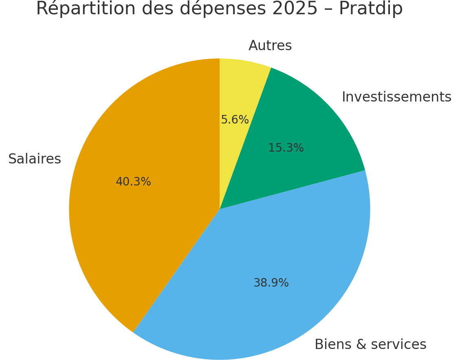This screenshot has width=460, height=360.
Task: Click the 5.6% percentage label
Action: pos(235,120)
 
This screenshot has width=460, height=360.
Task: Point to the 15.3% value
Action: pos(286,148)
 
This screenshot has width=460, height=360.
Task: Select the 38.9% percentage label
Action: pos(271,283)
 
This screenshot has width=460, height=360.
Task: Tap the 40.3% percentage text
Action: pos(133,182)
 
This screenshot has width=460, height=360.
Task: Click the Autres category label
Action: pos(270,46)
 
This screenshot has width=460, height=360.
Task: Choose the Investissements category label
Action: pos(396,97)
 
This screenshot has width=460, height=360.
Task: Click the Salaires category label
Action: pos(35,159)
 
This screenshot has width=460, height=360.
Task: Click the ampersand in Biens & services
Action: pos(360,345)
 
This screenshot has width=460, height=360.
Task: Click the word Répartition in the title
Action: pos(85,9)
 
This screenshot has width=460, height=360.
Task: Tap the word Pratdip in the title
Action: pos(370,9)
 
